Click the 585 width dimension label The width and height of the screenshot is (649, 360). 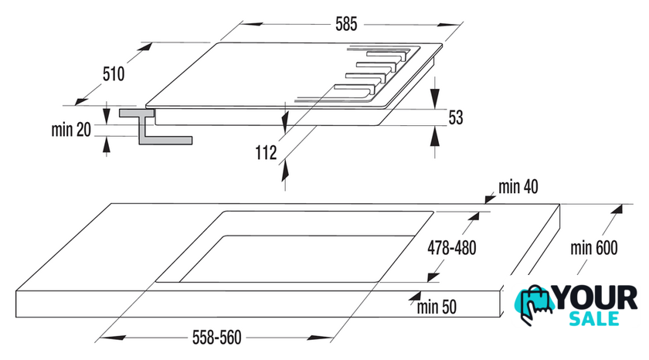pos(346,25)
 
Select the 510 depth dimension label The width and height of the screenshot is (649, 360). pos(113,74)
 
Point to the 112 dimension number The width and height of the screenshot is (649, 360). pos(266,153)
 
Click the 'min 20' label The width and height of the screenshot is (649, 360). pos(72,130)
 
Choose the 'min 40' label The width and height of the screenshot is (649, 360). pos(518,186)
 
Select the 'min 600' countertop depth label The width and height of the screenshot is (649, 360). pos(596,248)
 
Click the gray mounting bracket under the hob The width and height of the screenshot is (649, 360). pos(155,127)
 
